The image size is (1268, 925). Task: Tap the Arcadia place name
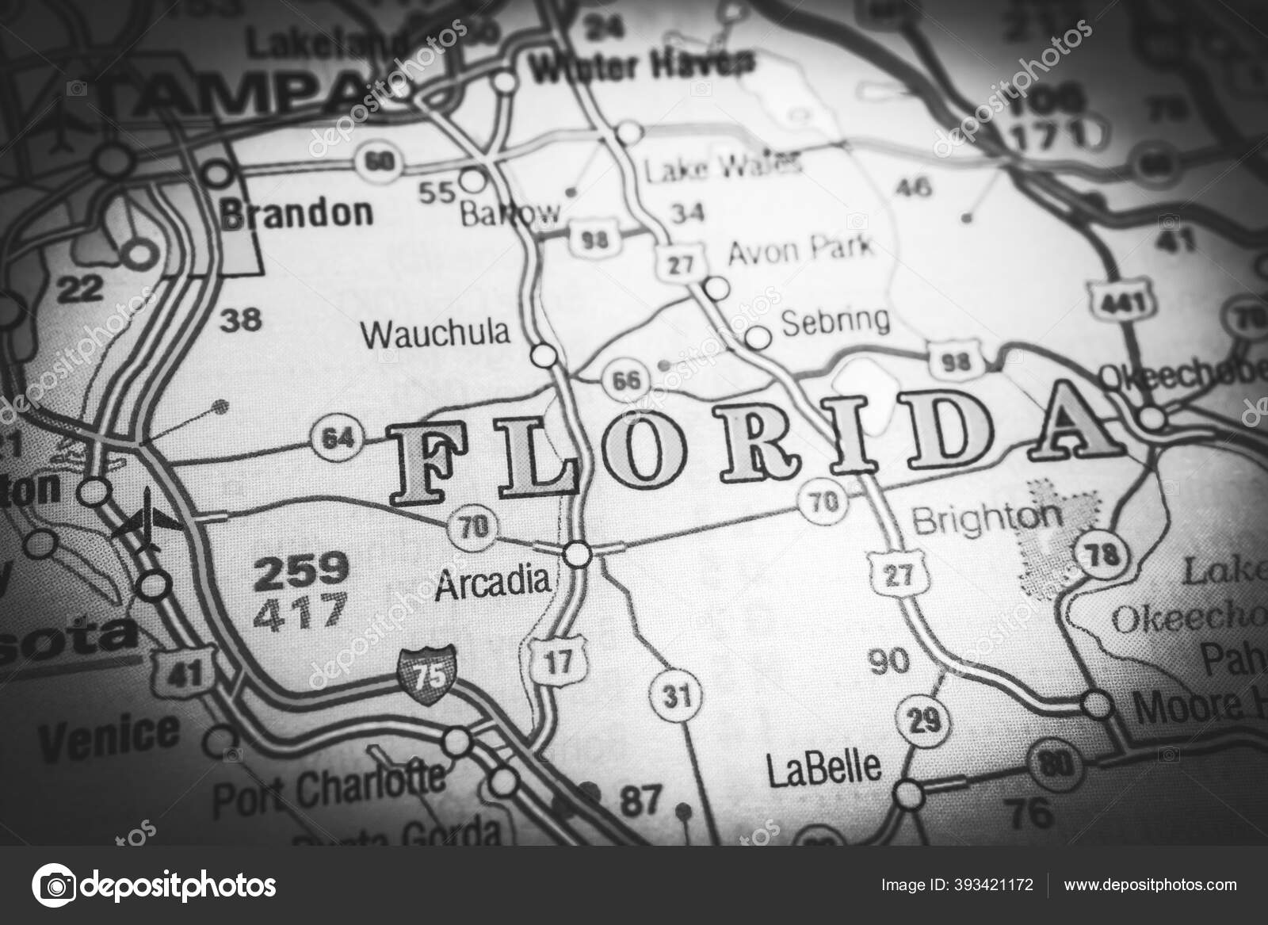coord(492,582)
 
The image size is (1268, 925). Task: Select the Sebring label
coord(835,320)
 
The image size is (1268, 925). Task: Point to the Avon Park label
coord(800,249)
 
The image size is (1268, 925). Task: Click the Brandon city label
coord(297,212)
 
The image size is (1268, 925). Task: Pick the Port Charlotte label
coord(330,782)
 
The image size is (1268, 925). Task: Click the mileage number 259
coord(300,568)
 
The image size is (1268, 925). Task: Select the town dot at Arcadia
coord(578,553)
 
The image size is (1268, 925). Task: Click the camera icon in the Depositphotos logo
coord(55,885)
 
